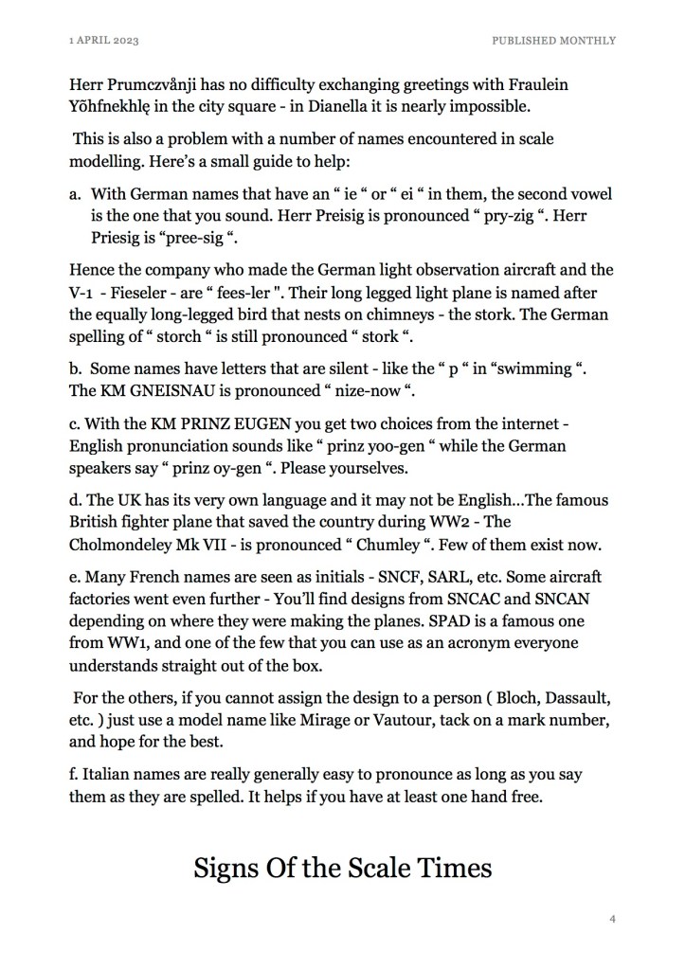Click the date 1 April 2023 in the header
click(105, 41)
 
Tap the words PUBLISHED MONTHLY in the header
click(553, 41)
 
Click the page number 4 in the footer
click(613, 918)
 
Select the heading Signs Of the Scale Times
click(342, 867)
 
